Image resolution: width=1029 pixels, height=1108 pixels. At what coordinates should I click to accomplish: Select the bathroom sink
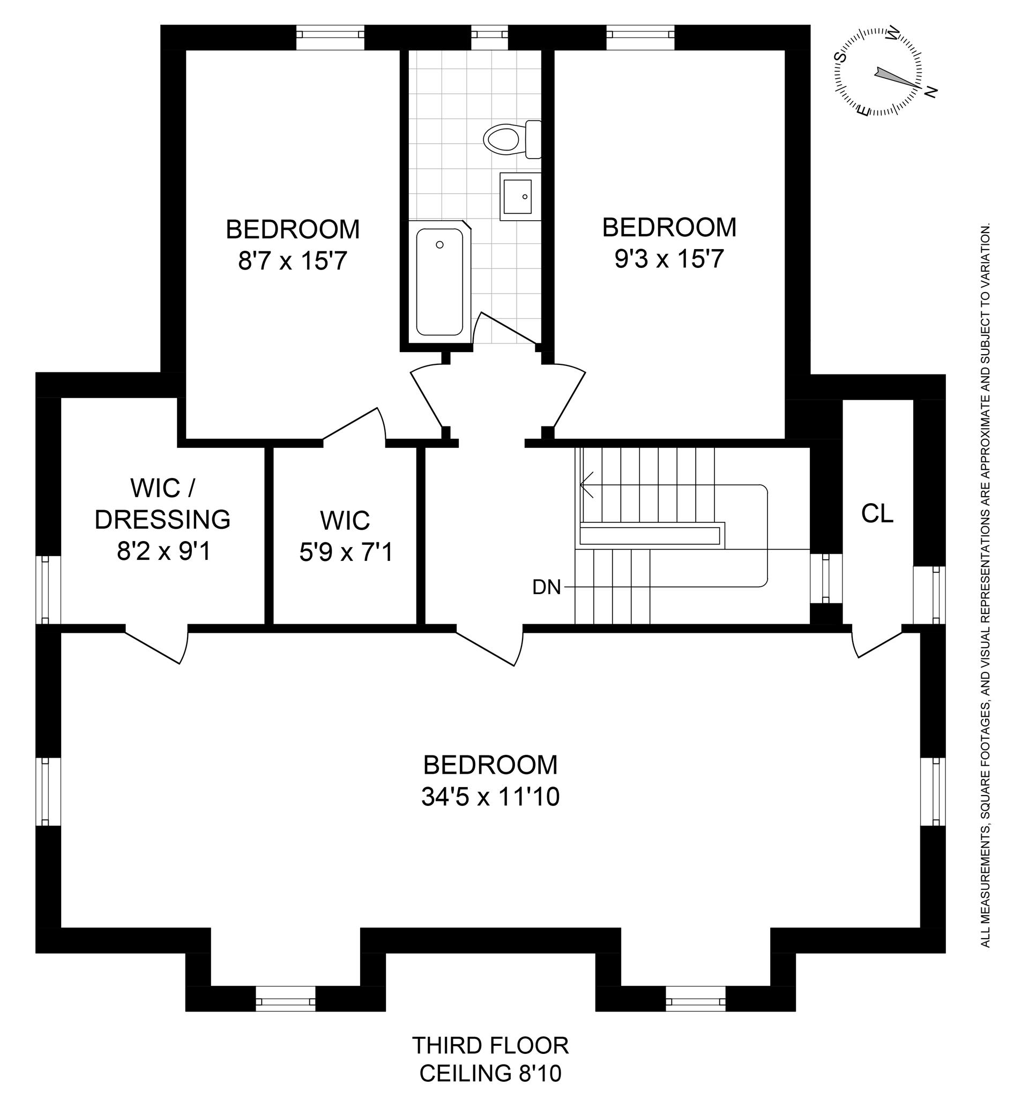coord(519,197)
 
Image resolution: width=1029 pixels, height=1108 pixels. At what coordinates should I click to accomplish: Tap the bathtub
coord(439,282)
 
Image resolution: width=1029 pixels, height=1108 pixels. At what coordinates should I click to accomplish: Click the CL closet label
coord(877,514)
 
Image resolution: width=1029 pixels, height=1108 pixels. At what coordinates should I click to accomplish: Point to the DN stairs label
coord(546,587)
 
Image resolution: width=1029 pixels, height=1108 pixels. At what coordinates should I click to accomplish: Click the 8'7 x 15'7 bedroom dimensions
coord(292,261)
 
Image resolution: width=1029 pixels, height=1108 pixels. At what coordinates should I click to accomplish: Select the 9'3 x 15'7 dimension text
coord(669,259)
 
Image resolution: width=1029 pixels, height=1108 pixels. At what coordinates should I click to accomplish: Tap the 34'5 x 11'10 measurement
coord(490,797)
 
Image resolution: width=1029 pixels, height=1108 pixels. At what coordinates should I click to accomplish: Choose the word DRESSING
coord(162,520)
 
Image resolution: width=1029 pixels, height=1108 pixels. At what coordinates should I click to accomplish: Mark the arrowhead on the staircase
coord(585,484)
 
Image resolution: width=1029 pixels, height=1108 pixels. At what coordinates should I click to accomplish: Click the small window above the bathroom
coord(489,33)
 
